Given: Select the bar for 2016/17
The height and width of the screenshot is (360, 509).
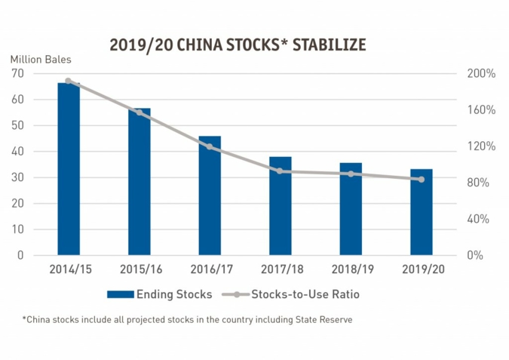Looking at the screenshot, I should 210,195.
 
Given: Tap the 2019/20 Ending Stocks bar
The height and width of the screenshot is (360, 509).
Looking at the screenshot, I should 422,212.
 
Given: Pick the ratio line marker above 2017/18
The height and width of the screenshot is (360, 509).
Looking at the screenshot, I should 281,171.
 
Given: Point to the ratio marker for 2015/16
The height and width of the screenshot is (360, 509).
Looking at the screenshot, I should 139,112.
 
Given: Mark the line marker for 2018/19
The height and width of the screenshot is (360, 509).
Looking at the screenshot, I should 351,174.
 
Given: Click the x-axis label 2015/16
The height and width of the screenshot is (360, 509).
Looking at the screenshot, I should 139,269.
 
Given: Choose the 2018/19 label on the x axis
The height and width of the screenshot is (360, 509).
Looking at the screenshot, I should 351,269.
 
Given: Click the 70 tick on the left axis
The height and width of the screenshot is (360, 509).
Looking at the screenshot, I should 17,73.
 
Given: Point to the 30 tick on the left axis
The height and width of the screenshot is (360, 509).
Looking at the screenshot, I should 17,177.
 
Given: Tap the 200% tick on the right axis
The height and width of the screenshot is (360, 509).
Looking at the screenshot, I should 480,74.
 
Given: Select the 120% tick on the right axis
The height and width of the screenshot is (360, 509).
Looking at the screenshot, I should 480,146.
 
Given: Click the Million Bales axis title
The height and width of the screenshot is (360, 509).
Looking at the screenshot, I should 38,59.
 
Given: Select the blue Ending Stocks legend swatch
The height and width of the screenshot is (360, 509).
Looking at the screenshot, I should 119,294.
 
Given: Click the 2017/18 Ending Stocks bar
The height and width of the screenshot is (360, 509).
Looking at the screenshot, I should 281,206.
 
